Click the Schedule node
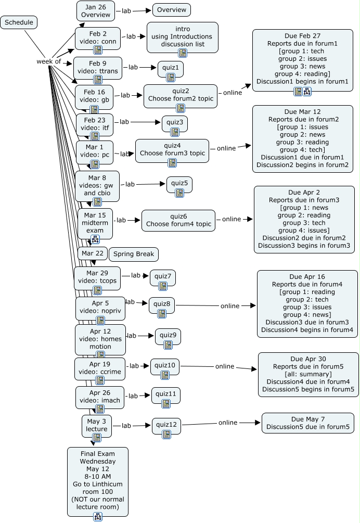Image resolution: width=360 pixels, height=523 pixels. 19,22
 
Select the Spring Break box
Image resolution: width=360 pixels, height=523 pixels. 134,254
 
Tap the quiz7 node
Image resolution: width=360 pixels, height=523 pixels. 163,278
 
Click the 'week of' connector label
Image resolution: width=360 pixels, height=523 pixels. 48,61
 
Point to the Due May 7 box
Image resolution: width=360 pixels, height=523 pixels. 307,423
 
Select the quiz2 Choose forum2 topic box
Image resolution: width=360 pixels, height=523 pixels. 181,96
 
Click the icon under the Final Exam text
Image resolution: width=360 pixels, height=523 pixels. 98,516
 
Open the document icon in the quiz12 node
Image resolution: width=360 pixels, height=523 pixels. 166,434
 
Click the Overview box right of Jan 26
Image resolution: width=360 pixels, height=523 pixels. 172,10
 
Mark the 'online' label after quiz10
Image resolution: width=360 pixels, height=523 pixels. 225,366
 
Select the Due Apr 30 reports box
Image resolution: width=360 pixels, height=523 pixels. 308,374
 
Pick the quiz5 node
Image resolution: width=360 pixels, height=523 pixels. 179,185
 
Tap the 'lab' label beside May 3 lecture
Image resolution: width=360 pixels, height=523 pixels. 126,426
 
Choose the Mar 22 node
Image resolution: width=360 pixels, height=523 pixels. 93,253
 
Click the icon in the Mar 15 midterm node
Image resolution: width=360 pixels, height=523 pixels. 95,239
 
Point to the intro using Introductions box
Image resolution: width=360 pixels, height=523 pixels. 183,38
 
